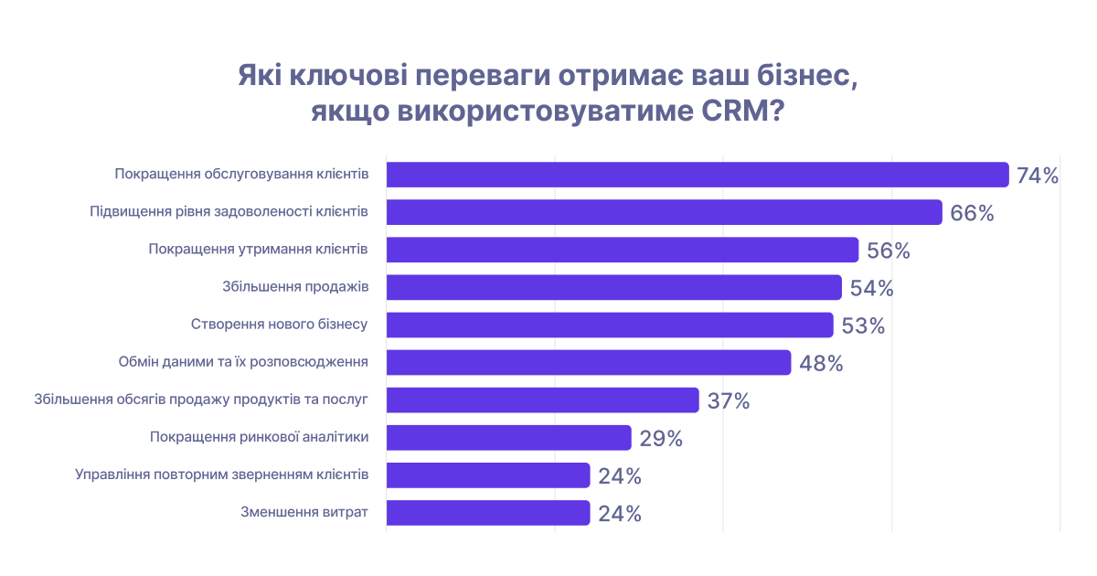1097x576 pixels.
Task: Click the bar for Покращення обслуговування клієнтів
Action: pyautogui.click(x=698, y=175)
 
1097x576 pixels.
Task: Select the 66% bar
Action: pyautogui.click(x=664, y=212)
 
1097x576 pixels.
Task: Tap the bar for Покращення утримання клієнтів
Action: pyautogui.click(x=623, y=250)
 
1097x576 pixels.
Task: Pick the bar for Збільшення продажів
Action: pyautogui.click(x=613, y=287)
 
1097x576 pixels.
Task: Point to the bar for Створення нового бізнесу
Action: pyautogui.click(x=610, y=325)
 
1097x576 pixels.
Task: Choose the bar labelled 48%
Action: pyautogui.click(x=589, y=362)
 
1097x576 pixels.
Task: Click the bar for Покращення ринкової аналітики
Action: pyautogui.click(x=508, y=437)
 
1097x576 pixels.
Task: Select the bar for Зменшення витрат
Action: pyautogui.click(x=488, y=512)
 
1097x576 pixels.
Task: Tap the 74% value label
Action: pyautogui.click(x=1037, y=176)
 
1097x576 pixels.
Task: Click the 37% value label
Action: pyautogui.click(x=729, y=400)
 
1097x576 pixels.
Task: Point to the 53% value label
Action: pyautogui.click(x=863, y=325)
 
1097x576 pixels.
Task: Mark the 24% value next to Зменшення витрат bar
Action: pyautogui.click(x=620, y=513)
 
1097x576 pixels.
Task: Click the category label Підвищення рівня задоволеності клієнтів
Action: pyautogui.click(x=229, y=212)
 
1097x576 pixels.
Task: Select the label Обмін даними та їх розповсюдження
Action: pyautogui.click(x=243, y=362)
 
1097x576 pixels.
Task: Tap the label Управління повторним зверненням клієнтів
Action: pyautogui.click(x=221, y=475)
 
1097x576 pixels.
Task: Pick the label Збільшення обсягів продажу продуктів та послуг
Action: pyautogui.click(x=200, y=400)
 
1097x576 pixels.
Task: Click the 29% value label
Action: pyautogui.click(x=661, y=438)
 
